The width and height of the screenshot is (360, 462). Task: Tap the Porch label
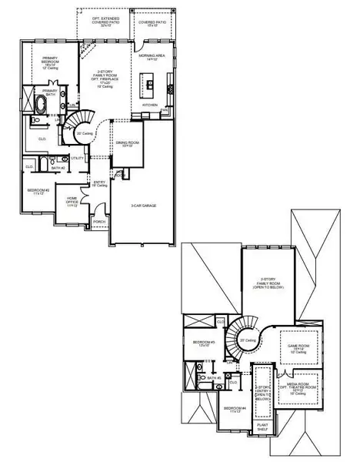tap(99, 222)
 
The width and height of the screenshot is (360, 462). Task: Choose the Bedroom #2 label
tap(38, 191)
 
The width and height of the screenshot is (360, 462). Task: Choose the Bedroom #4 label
tap(234, 410)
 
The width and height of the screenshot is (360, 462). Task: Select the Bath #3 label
tap(215, 378)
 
